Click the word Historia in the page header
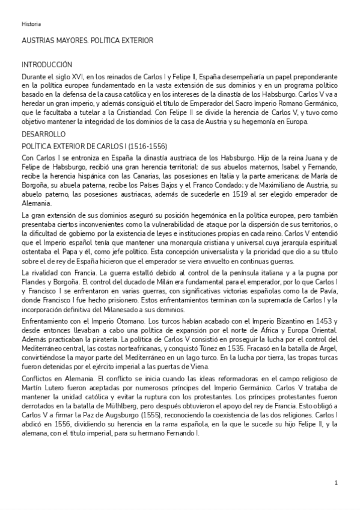tap(31, 24)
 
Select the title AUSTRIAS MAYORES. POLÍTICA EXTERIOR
tap(87, 40)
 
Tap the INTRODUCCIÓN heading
tap(47, 64)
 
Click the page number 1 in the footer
tap(336, 482)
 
